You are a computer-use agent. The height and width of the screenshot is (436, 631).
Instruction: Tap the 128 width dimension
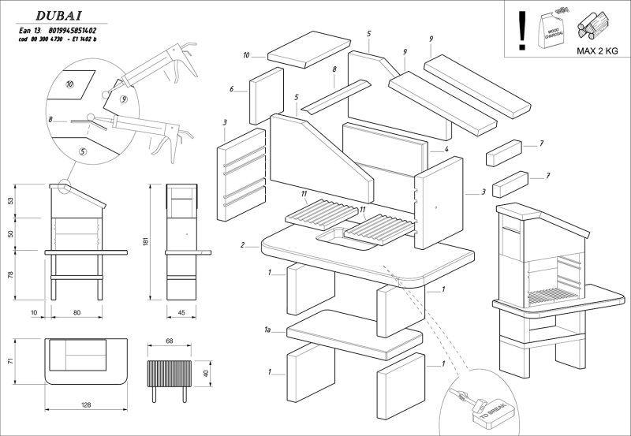[x=85, y=404]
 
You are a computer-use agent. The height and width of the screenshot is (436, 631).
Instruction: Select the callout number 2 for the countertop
[x=243, y=244]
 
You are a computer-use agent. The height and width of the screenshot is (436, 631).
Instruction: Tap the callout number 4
[x=446, y=149]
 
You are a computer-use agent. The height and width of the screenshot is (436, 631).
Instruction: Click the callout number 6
[x=232, y=89]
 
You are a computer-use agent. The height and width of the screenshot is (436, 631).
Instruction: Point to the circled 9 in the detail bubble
[x=124, y=99]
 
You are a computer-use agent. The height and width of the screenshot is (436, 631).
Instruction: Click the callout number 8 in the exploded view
[x=334, y=69]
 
